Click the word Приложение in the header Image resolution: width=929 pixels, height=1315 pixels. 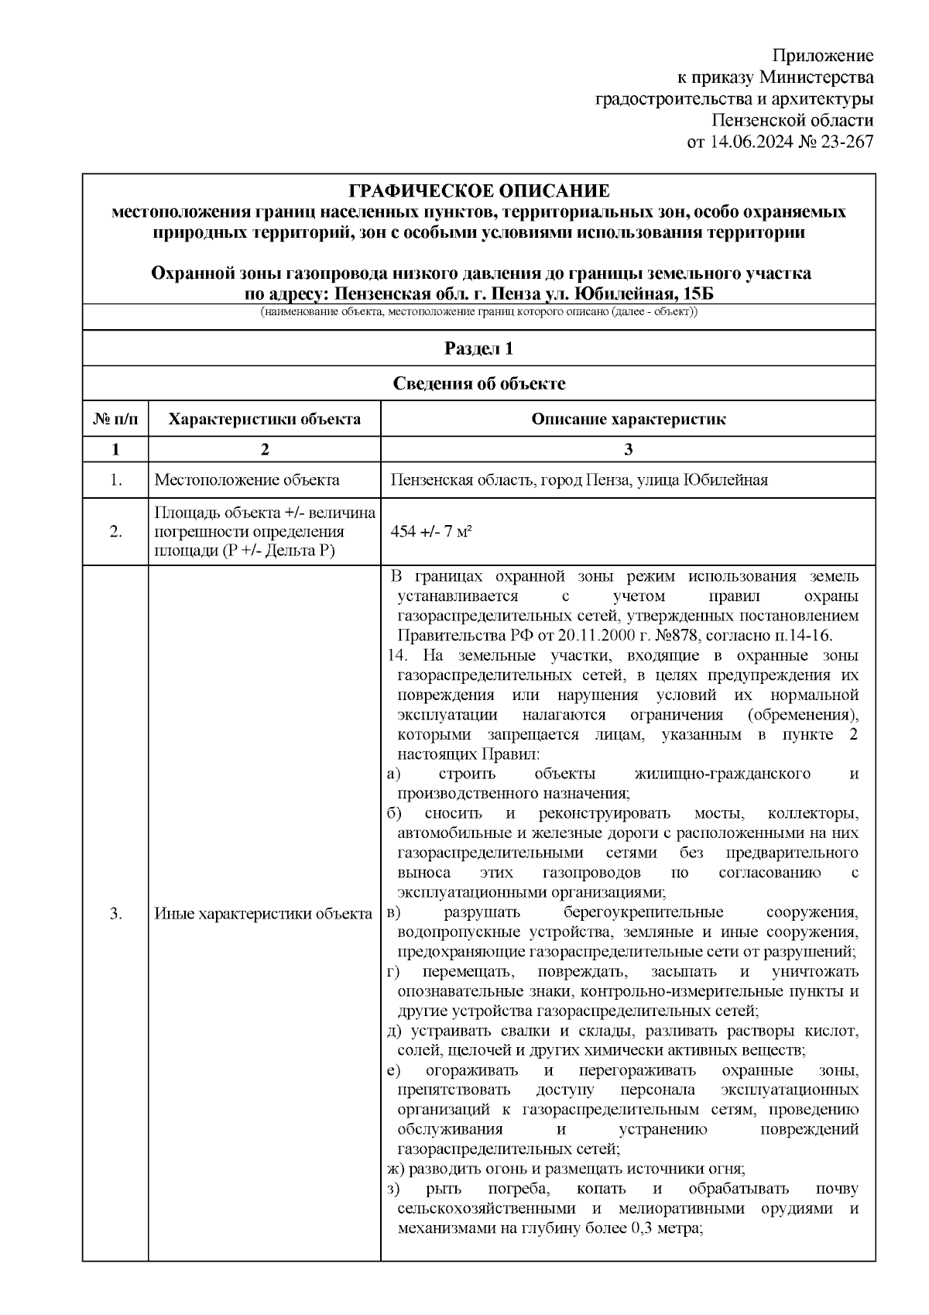823,56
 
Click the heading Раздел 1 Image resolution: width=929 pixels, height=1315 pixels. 478,348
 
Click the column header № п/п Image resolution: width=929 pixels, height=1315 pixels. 116,420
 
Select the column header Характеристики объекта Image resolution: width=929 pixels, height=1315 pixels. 265,420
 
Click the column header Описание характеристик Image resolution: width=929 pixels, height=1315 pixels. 628,420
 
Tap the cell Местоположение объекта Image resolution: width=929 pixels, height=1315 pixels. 247,480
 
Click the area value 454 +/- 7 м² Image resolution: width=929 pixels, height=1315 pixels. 435,530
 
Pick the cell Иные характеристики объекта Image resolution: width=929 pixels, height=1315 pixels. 263,914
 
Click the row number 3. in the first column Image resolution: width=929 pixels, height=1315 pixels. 116,914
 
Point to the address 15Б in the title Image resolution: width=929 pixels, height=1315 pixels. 696,294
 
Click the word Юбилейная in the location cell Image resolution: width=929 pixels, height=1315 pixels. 725,480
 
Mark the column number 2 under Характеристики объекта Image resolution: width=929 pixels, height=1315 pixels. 265,450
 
